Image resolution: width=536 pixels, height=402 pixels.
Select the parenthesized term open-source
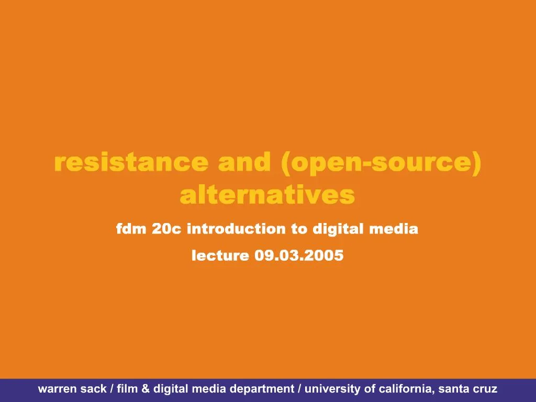pyautogui.click(x=381, y=163)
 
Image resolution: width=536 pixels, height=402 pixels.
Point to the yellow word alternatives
pyautogui.click(x=267, y=195)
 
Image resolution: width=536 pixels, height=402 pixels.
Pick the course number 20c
pyautogui.click(x=166, y=228)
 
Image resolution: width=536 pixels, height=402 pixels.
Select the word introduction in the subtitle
pyautogui.click(x=236, y=228)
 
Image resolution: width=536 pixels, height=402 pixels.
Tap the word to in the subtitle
pyautogui.click(x=299, y=229)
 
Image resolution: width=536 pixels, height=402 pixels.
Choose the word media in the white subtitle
pyautogui.click(x=394, y=228)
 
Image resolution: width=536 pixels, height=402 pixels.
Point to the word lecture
pyautogui.click(x=220, y=255)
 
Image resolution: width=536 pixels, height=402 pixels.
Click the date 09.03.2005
pyautogui.click(x=299, y=255)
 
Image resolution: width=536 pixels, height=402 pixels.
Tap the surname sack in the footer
pyautogui.click(x=94, y=389)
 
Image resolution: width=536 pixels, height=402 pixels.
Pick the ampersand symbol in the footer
pyautogui.click(x=146, y=389)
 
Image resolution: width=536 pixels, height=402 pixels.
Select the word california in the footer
pyautogui.click(x=407, y=389)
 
